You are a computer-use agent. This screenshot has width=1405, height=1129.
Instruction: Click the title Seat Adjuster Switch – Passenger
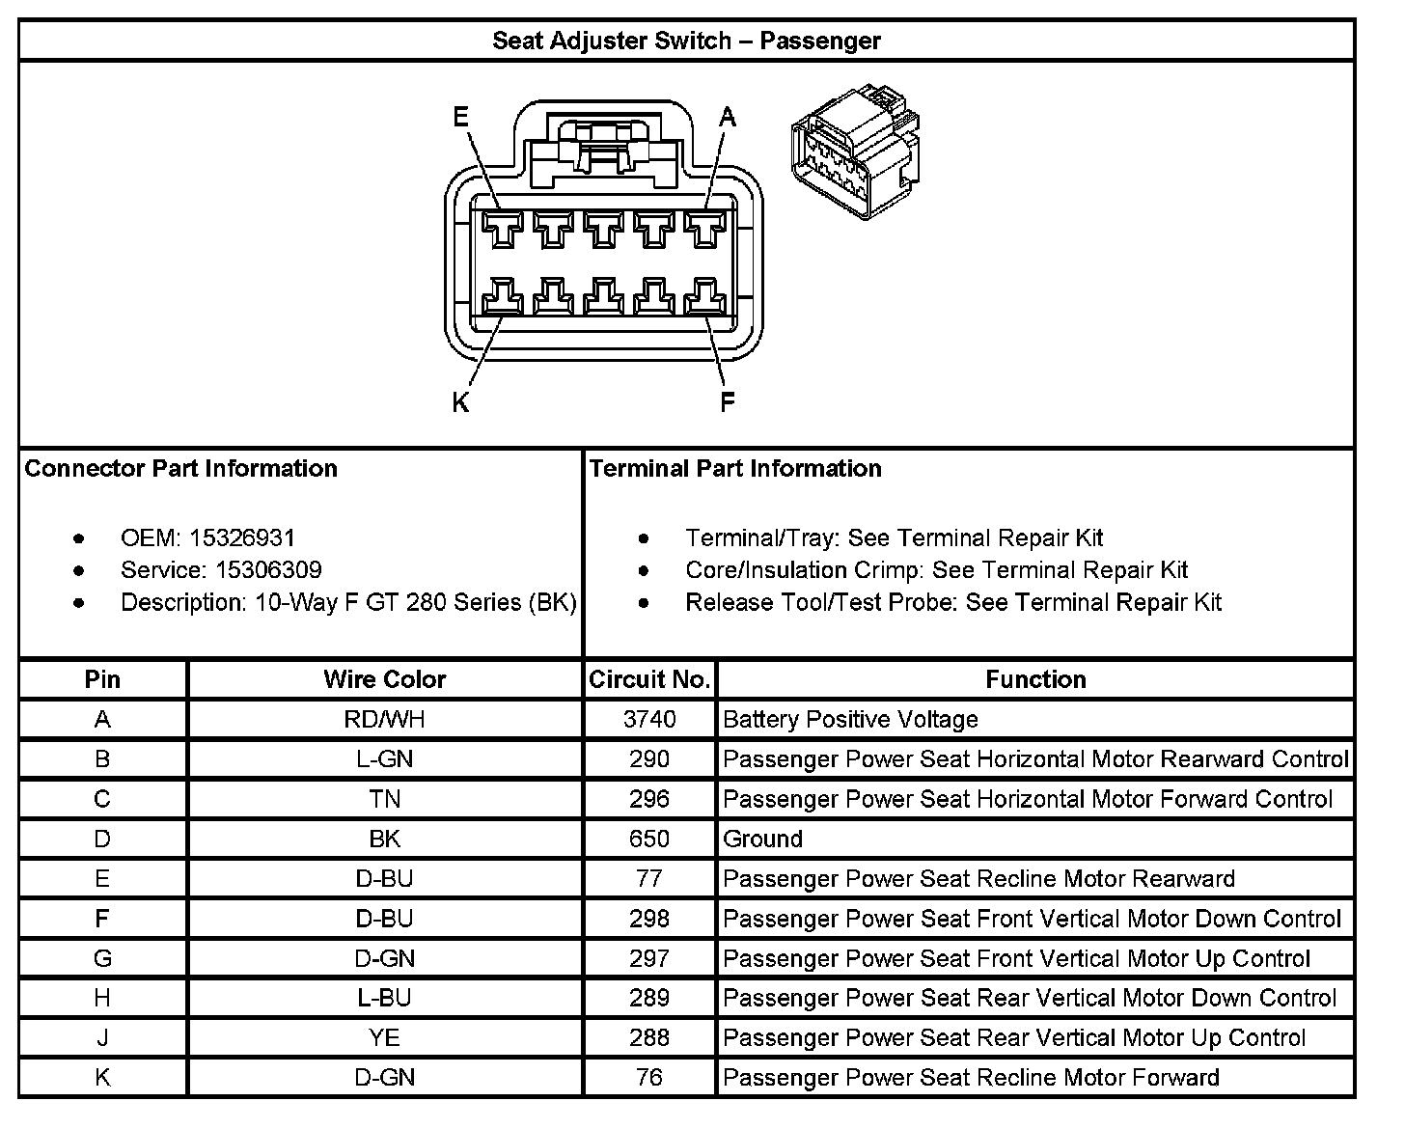coord(686,41)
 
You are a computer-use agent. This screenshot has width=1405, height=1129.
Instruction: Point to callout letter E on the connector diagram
coord(461,118)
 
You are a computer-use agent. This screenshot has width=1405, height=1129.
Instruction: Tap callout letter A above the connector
coord(728,118)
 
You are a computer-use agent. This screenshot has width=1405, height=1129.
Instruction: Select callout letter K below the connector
coord(460,402)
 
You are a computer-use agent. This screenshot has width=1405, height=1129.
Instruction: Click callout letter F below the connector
coord(728,402)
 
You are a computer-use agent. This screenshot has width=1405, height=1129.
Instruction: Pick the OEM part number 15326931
coord(242,537)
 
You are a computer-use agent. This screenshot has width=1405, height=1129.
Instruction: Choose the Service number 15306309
coord(268,569)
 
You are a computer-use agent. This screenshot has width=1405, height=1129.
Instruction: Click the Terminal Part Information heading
coord(735,469)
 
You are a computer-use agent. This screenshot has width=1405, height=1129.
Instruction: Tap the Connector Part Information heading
coord(180,469)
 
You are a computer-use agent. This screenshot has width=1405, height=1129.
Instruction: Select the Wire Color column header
coord(384,679)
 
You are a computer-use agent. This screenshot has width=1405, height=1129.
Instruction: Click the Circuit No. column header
coord(649,679)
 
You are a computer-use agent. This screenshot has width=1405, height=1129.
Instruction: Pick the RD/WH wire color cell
coord(384,720)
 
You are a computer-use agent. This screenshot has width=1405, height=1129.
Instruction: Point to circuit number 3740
coord(649,720)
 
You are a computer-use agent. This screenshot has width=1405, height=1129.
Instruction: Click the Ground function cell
coord(762,840)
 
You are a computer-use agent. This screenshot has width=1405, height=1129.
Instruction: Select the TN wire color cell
coord(384,799)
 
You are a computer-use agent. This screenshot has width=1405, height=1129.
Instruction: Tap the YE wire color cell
coord(384,1038)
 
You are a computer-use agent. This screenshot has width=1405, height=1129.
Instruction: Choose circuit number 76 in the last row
coord(649,1078)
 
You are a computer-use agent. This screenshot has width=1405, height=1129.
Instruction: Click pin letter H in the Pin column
coord(102,999)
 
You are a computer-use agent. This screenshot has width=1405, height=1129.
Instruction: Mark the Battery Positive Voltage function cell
coord(850,720)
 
